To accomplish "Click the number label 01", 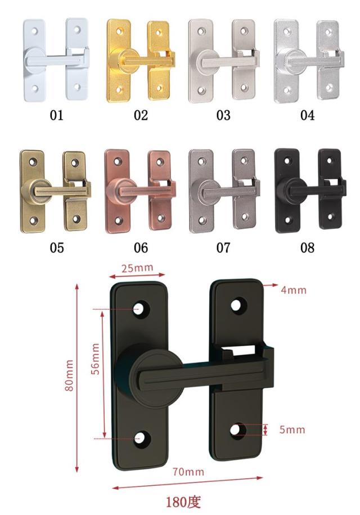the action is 56,115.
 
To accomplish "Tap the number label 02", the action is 141,115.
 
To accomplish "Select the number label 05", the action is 56,247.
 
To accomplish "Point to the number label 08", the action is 308,247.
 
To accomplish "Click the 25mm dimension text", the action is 137,268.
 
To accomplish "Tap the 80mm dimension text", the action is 69,375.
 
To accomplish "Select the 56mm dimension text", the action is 95,359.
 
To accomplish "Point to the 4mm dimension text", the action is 294,290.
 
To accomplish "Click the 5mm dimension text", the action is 292,430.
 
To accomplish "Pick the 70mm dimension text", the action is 188,472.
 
